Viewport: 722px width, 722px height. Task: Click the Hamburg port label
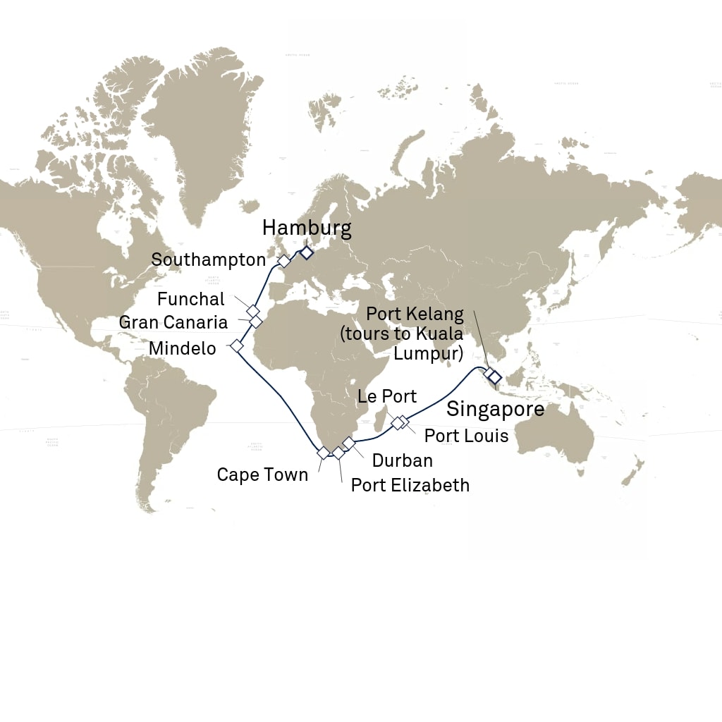306,228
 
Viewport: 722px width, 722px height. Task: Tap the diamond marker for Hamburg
307,253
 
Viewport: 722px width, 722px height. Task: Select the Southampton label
209,259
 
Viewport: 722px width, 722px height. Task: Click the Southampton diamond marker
283,261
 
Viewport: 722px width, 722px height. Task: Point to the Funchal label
191,299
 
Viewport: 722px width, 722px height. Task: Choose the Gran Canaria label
173,322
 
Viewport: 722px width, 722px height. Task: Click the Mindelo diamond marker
237,346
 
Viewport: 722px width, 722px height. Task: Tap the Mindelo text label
183,348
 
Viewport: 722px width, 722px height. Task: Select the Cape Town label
262,475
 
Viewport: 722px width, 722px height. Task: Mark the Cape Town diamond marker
323,453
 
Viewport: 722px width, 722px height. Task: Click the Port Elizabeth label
410,485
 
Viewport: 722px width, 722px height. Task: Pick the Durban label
403,460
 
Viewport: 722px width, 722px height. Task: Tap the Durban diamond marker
348,443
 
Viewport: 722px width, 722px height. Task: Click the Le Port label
387,396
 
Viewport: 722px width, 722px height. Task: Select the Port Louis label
466,436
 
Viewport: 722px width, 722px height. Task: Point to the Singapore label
495,409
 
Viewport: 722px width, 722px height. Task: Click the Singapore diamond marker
495,377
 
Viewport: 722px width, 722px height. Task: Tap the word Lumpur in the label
428,353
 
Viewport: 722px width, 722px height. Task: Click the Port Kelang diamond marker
488,372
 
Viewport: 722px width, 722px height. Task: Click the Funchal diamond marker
252,310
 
